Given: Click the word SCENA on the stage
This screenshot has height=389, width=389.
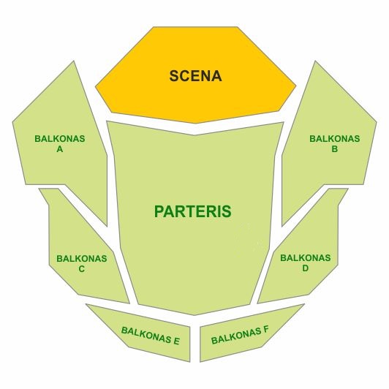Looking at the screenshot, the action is click(x=195, y=76).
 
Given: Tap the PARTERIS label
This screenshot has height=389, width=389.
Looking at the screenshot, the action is click(x=193, y=211).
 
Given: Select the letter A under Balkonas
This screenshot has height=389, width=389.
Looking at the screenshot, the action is click(x=60, y=149).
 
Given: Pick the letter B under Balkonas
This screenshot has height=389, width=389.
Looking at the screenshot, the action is click(x=335, y=149).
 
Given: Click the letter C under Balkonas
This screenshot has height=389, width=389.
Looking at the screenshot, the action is click(x=82, y=269).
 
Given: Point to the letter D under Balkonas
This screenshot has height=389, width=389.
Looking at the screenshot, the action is click(x=306, y=268).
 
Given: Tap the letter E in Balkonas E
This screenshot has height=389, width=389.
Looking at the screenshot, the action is click(x=176, y=341).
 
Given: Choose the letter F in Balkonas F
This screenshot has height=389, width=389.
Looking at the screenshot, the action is click(x=265, y=330).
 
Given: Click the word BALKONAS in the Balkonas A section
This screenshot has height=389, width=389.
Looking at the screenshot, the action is click(x=60, y=139).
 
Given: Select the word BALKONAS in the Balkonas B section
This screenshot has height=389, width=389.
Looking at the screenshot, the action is click(x=335, y=139).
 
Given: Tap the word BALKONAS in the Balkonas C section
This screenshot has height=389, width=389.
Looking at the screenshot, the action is click(x=82, y=259).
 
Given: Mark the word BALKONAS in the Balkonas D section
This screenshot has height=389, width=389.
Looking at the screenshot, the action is click(x=306, y=258).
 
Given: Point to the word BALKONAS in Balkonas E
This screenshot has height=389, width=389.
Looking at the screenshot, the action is click(x=146, y=334).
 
